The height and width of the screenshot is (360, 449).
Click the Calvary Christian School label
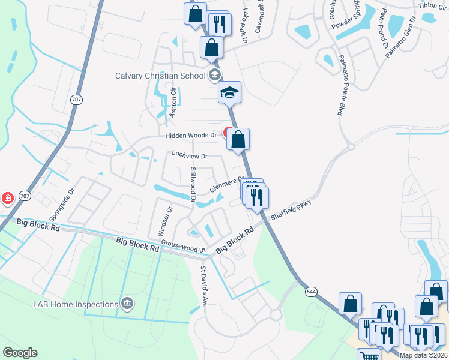pyautogui.click(x=161, y=76)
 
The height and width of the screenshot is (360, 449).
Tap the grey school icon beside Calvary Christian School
pyautogui.click(x=214, y=76)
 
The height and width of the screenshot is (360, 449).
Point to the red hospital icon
pyautogui.click(x=7, y=197)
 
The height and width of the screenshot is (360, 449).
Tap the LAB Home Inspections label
pyautogui.click(x=75, y=304)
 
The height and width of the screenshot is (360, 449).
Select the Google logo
pyautogui.click(x=20, y=353)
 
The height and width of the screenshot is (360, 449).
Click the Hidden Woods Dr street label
pyautogui.click(x=191, y=136)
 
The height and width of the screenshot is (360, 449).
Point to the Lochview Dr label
pyautogui.click(x=189, y=155)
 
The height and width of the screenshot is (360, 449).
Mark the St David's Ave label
pyautogui.click(x=203, y=287)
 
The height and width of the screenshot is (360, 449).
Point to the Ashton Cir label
pyautogui.click(x=173, y=103)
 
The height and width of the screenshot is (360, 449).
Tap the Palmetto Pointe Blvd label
pyautogui.click(x=343, y=85)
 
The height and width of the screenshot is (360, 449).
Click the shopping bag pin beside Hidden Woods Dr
pyautogui.click(x=238, y=139)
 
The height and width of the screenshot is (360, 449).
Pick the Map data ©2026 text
pyautogui.click(x=423, y=355)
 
